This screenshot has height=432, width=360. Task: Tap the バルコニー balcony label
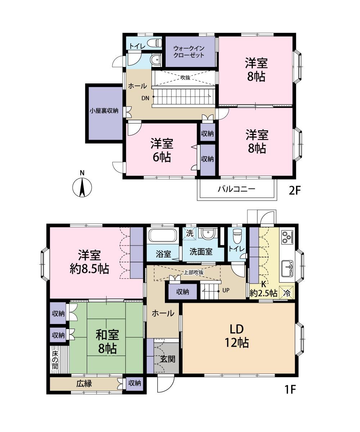pyautogui.click(x=236, y=189)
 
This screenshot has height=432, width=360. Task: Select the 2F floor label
pyautogui.click(x=294, y=190)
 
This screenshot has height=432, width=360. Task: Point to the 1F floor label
pyautogui.click(x=291, y=390)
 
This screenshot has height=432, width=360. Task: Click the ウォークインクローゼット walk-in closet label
pyautogui.click(x=189, y=51)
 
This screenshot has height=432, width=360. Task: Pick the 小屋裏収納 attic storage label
pyautogui.click(x=104, y=111)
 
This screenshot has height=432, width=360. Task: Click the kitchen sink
pyautogui.click(x=288, y=268)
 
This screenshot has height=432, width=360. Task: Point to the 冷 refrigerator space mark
pyautogui.click(x=287, y=293)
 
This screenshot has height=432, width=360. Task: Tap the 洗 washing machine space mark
pyautogui.click(x=189, y=233)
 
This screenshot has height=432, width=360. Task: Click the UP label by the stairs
pyautogui.click(x=226, y=291)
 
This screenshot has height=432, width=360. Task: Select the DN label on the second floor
pyautogui.click(x=145, y=98)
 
